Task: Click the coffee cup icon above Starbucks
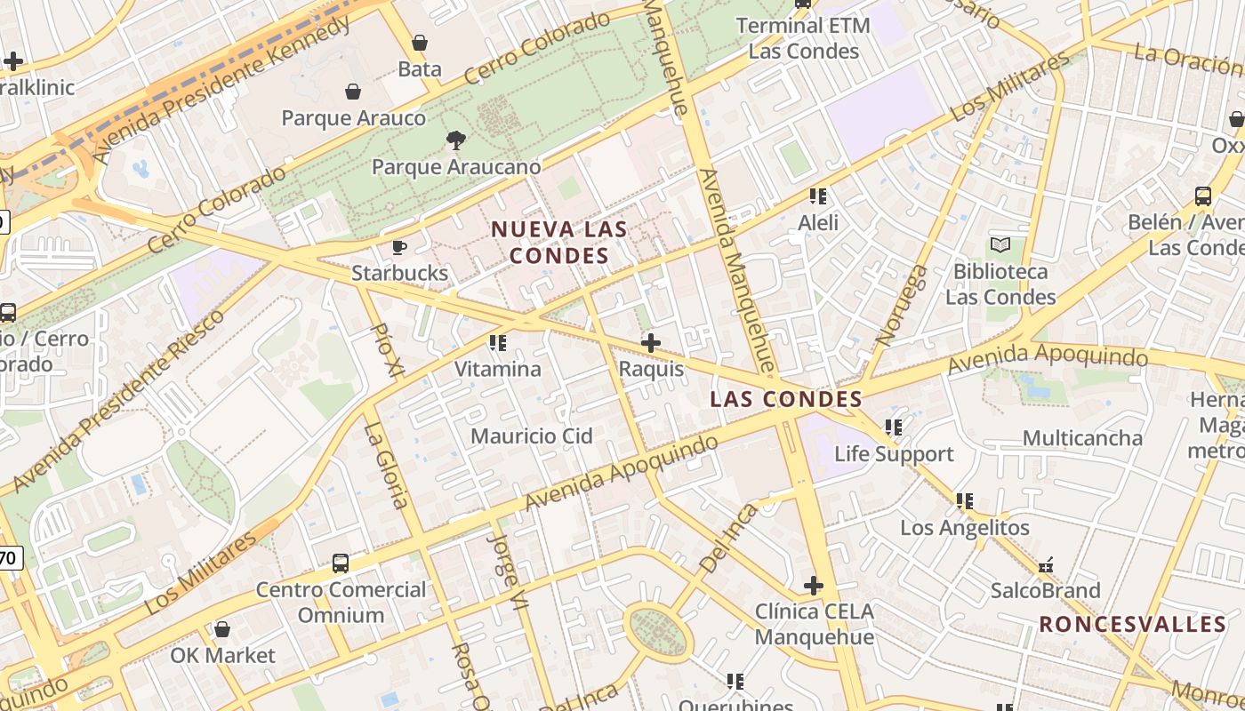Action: (x=399, y=247)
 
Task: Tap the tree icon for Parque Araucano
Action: (x=455, y=140)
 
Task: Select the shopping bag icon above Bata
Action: (x=420, y=43)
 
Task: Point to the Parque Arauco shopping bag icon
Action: (x=353, y=92)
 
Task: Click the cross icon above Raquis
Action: (x=651, y=342)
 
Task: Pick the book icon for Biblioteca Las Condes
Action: (x=1000, y=244)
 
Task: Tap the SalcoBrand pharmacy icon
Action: (x=1046, y=564)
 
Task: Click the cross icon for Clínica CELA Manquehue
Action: (x=814, y=586)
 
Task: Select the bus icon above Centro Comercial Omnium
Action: (x=341, y=563)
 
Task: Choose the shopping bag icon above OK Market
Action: (x=222, y=629)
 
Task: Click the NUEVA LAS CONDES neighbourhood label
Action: (x=559, y=243)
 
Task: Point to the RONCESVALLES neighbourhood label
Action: (x=1133, y=624)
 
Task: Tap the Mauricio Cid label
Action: (x=532, y=436)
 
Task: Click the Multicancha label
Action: (x=1082, y=438)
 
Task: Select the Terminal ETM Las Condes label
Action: (x=803, y=38)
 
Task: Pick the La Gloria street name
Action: (x=387, y=465)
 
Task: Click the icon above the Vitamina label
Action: (x=498, y=342)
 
